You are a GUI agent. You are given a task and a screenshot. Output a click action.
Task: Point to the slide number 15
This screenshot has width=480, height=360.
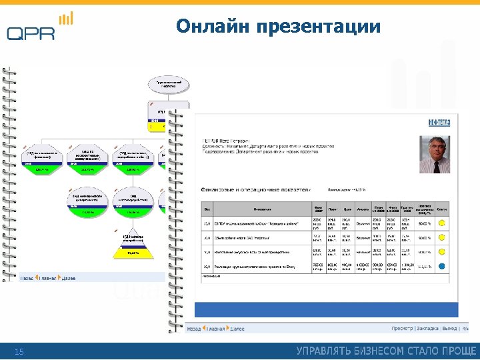point(19,351)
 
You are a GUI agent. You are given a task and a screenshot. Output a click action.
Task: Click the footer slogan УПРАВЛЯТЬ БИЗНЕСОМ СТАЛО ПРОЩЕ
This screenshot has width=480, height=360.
point(386,351)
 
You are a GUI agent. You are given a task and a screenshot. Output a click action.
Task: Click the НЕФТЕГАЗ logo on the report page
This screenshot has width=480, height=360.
point(438,122)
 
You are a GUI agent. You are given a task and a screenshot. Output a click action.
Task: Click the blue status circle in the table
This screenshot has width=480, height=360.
point(441,266)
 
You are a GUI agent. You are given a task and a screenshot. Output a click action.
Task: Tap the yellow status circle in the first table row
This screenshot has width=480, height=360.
point(441,222)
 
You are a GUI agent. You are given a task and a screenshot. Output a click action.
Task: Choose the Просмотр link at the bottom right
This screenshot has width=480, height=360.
point(402,329)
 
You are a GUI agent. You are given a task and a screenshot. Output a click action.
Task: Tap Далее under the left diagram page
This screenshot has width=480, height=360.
point(67,278)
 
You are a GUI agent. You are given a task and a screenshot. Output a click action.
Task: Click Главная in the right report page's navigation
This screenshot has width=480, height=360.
point(215,329)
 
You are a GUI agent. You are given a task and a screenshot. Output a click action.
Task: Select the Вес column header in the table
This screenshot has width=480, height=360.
point(207,208)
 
